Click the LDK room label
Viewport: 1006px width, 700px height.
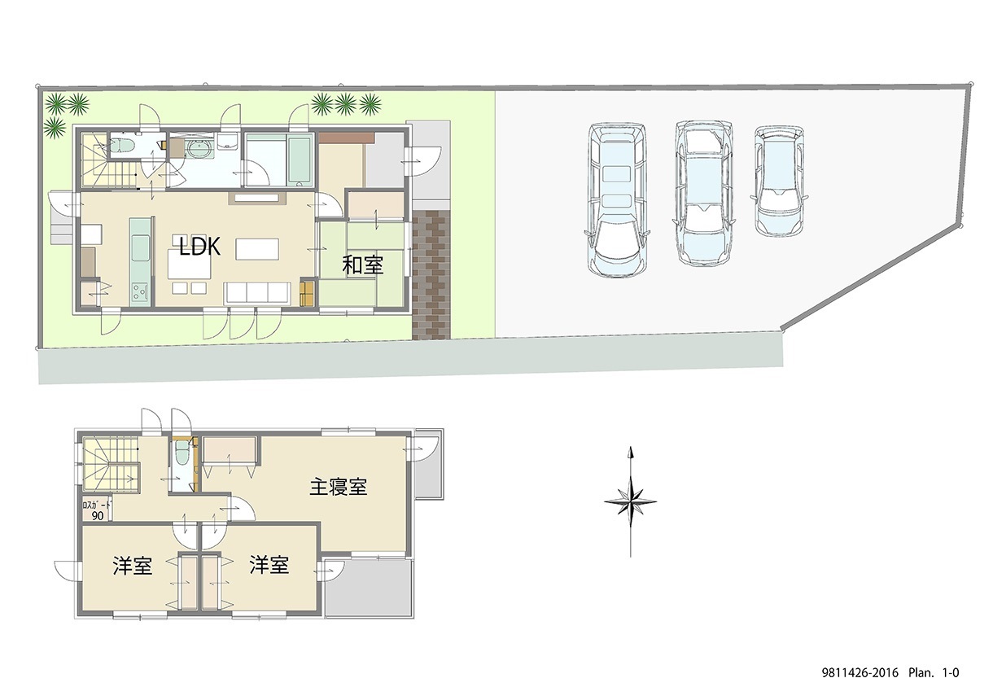pyautogui.click(x=200, y=247)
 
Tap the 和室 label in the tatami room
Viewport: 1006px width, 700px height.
pyautogui.click(x=362, y=265)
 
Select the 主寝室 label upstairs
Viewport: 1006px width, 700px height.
pyautogui.click(x=338, y=487)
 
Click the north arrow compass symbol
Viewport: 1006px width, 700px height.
pyautogui.click(x=631, y=501)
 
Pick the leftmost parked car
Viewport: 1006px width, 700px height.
pyautogui.click(x=617, y=199)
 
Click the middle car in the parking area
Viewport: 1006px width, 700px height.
pyautogui.click(x=703, y=193)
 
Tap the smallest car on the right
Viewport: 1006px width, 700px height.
pyautogui.click(x=779, y=181)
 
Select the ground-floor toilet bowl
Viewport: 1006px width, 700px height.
pyautogui.click(x=120, y=146)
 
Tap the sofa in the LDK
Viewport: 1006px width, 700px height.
pyautogui.click(x=256, y=294)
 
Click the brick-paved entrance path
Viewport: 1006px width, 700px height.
pyautogui.click(x=431, y=275)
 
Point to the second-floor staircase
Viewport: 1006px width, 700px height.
pyautogui.click(x=111, y=466)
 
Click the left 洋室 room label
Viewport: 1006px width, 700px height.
pyautogui.click(x=133, y=566)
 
